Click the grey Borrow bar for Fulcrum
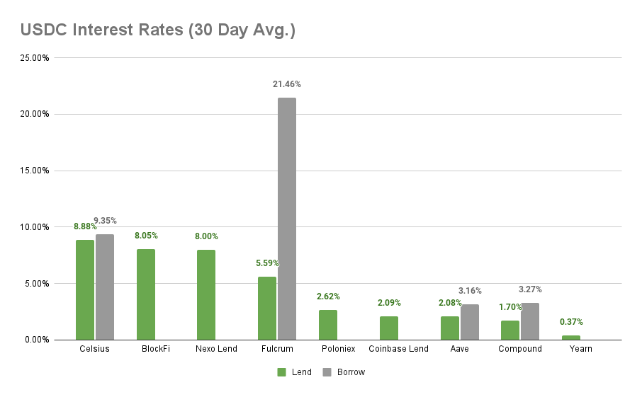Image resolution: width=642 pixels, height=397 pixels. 287,219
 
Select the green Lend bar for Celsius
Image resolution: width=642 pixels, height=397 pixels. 85,290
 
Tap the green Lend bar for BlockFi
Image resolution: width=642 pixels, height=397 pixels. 146,294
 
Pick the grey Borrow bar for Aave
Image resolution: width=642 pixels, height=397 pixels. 470,322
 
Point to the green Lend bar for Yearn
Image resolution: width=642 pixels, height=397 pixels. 571,338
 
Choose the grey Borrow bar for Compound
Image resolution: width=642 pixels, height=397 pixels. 530,321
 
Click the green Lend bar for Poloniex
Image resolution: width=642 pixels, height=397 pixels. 328,325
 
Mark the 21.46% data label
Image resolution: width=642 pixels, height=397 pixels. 287,84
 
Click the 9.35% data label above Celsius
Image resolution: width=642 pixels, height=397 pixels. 105,221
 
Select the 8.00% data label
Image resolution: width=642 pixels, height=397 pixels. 206,236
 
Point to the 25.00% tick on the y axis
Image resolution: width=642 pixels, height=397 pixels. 34,58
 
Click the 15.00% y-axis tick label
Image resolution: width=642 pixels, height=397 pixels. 34,171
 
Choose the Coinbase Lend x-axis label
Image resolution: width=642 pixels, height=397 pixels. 398,349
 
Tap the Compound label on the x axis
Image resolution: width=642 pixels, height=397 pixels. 519,349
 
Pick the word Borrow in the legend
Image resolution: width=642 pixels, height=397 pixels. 351,372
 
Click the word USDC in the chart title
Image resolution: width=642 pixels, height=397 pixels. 42,30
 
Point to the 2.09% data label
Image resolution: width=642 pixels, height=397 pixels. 389,303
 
